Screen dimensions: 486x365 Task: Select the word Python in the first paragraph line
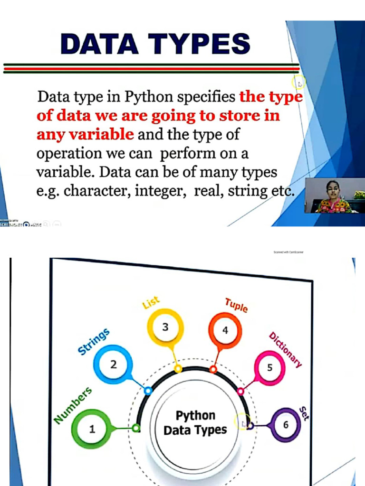point(148,97)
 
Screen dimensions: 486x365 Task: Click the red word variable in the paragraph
point(102,134)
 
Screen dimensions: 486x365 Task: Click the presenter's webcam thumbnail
point(335,196)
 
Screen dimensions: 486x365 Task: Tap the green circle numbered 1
point(92,429)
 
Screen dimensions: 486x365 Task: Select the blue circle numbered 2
point(114,364)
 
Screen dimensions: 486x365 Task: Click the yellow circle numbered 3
point(165,327)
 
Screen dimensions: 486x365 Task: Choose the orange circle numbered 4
point(225,330)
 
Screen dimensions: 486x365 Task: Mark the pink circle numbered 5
point(270,368)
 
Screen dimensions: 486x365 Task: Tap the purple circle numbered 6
point(286,425)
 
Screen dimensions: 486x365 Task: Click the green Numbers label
point(73,405)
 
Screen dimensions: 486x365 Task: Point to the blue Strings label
point(94,342)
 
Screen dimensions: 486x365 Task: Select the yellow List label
point(151,303)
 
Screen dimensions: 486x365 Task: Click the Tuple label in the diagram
point(236,305)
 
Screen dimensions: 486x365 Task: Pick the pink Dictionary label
point(285,350)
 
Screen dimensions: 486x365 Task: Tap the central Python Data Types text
point(195,423)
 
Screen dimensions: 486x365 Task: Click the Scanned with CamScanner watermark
point(288,252)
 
